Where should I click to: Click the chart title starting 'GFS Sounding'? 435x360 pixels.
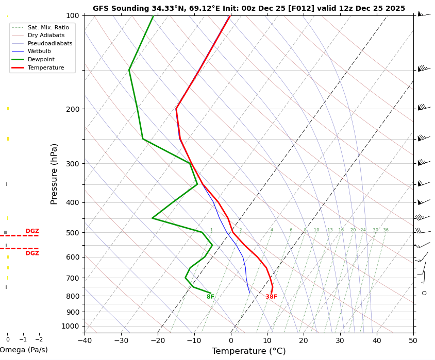click(249, 9)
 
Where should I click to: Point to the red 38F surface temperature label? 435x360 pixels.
click(271, 297)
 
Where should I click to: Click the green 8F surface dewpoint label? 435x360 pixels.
click(210, 297)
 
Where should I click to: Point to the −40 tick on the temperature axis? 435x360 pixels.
click(85, 340)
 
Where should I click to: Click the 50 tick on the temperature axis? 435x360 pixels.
click(413, 340)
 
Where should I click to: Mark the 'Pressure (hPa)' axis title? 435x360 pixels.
click(54, 174)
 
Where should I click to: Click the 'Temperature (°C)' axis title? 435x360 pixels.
click(249, 351)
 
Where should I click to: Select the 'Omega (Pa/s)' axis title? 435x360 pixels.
click(23, 350)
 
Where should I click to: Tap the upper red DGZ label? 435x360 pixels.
click(32, 231)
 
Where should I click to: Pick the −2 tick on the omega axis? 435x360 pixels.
click(39, 340)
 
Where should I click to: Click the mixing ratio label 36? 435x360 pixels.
click(386, 230)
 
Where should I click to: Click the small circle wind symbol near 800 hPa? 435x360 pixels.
click(424, 293)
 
